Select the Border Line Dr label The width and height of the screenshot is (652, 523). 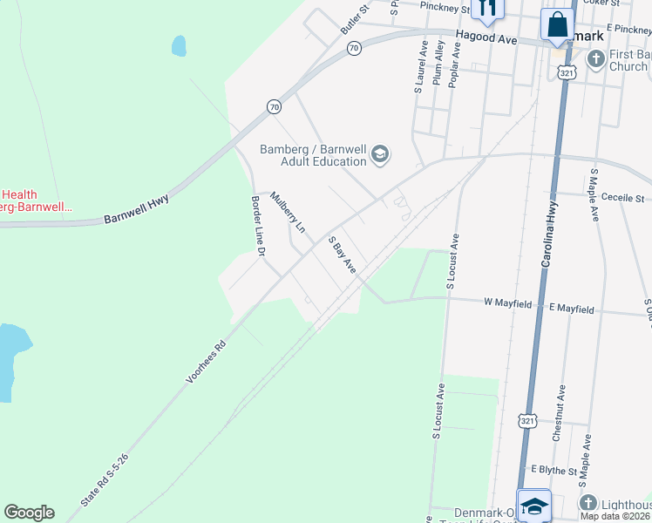click(x=257, y=226)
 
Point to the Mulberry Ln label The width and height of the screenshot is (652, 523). click(x=288, y=212)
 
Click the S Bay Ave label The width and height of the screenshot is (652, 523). click(x=342, y=254)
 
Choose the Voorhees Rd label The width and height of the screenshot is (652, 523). click(x=206, y=362)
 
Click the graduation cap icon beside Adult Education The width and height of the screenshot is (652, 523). click(x=380, y=155)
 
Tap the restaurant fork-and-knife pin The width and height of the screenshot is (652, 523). click(x=486, y=9)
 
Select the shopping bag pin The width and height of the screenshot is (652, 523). click(x=557, y=24)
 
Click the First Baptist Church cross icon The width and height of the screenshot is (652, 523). click(x=596, y=59)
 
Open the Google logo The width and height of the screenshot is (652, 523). click(x=29, y=513)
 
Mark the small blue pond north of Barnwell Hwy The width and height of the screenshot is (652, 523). click(x=179, y=45)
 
